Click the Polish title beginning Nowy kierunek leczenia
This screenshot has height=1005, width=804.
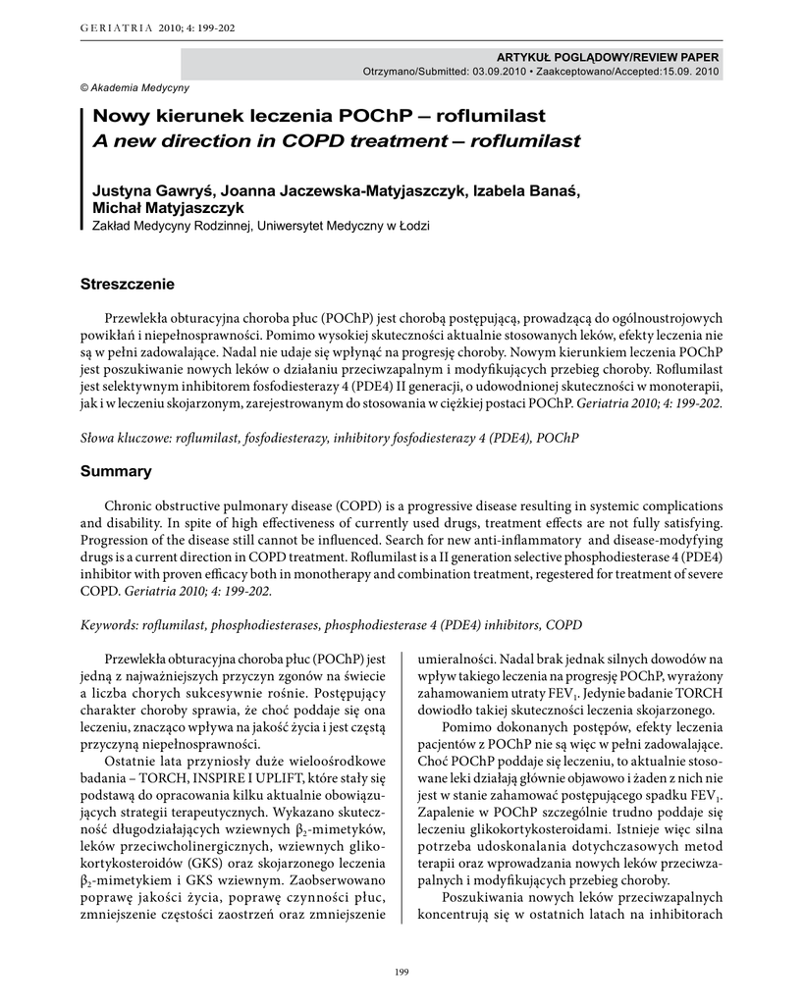(318, 116)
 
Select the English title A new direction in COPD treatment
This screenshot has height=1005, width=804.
(336, 140)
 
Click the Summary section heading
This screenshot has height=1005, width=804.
(116, 471)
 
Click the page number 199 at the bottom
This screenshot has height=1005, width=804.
(402, 972)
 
